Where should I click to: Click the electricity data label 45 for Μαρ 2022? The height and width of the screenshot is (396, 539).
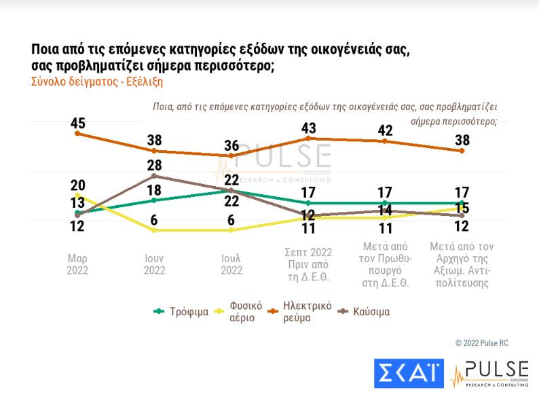(x=77, y=124)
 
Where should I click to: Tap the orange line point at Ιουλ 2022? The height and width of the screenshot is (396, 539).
(x=231, y=156)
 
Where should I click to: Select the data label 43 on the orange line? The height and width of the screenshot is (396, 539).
(x=309, y=128)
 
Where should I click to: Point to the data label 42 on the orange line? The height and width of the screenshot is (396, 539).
(x=386, y=130)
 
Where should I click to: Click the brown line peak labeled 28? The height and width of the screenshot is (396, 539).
(x=155, y=166)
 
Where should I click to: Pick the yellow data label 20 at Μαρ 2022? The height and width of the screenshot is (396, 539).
(x=77, y=185)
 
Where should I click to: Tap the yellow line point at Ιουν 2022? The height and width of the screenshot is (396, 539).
(x=155, y=230)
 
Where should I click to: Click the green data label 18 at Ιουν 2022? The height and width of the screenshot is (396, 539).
(x=155, y=190)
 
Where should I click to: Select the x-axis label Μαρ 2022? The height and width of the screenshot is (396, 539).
(x=77, y=264)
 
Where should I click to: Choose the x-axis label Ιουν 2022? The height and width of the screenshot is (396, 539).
(x=155, y=264)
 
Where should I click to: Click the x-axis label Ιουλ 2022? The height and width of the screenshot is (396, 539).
(x=231, y=264)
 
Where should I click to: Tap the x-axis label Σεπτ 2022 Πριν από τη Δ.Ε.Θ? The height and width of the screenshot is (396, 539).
(x=309, y=265)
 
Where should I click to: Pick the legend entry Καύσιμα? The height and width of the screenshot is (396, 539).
(x=371, y=312)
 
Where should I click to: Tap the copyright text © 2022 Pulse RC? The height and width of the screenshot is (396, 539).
(x=484, y=342)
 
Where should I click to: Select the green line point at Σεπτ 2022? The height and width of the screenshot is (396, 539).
(x=309, y=202)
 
